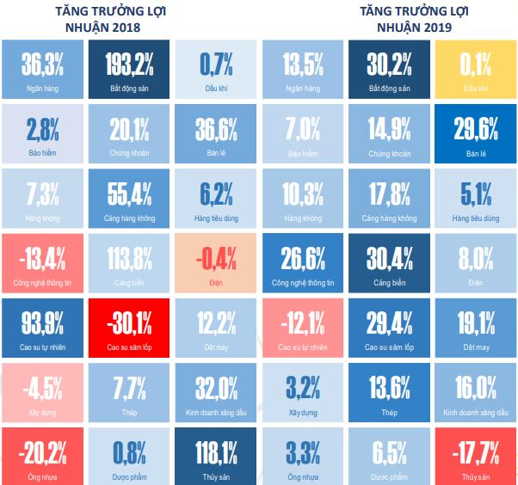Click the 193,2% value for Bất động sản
click(x=129, y=63)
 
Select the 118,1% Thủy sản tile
click(x=214, y=456)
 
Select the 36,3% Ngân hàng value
click(x=42, y=63)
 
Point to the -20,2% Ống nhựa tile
click(x=42, y=456)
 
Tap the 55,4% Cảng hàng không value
click(x=129, y=193)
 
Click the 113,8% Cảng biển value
click(x=129, y=257)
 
